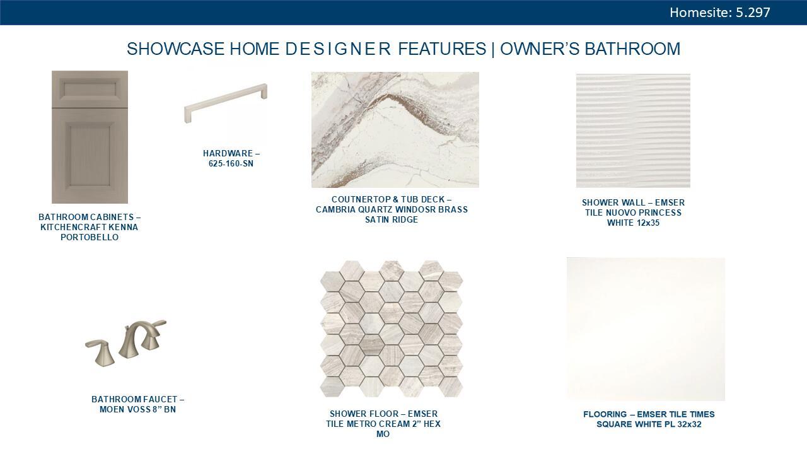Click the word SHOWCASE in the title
176,49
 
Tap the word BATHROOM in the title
632,49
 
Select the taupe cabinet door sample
90,137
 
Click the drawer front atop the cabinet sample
90,89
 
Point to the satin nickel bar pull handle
226,103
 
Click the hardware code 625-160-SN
231,163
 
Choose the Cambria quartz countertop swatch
395,130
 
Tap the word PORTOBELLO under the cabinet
90,238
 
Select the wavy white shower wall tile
633,131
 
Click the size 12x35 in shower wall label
646,223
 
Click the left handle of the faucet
100,352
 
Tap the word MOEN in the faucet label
111,410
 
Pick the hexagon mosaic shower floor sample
392,329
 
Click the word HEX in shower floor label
433,424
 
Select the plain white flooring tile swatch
646,329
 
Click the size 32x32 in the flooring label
689,424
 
